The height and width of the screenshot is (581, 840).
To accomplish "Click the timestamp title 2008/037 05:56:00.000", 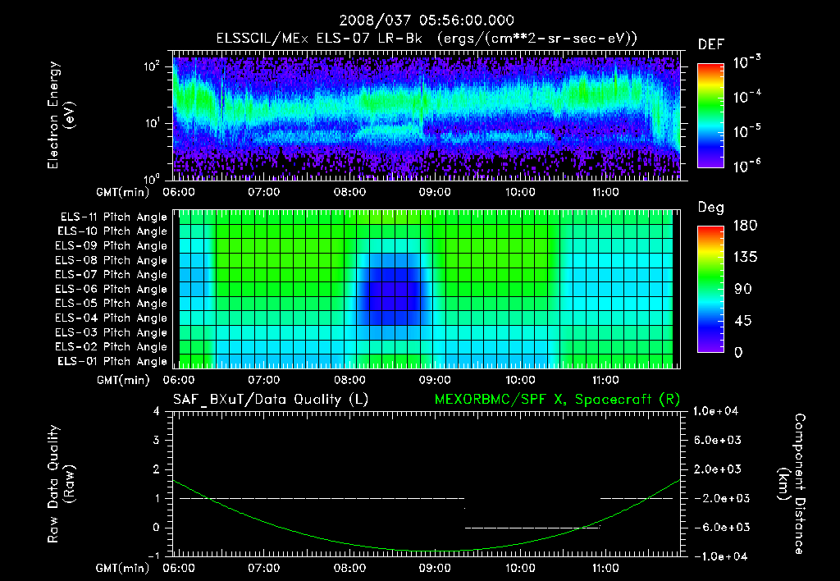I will [x=420, y=21].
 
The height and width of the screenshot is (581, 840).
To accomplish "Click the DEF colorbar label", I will [x=710, y=44].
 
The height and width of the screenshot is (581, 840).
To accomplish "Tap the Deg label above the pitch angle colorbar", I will [x=710, y=208].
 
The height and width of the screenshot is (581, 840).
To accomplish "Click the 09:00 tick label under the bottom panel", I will [x=434, y=567].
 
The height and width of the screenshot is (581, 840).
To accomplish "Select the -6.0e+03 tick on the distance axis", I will [x=720, y=527].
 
